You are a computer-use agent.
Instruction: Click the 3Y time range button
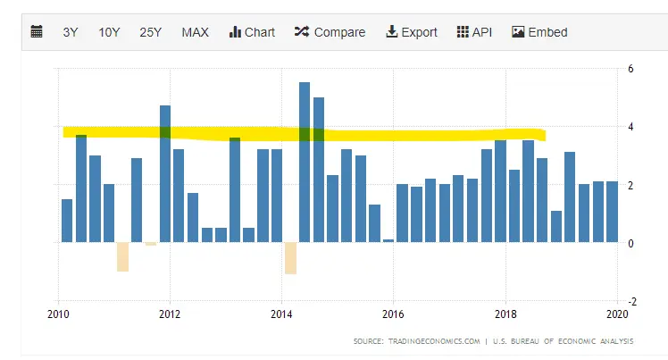click(x=71, y=32)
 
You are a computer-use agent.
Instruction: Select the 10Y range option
click(x=109, y=32)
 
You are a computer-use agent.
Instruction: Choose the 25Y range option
click(x=150, y=32)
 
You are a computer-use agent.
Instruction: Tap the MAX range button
click(x=195, y=32)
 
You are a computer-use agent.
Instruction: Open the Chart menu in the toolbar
click(x=252, y=32)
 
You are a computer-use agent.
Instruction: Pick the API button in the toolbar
click(x=474, y=32)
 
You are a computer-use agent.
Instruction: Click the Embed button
click(x=539, y=32)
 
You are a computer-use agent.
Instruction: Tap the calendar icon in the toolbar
click(x=37, y=32)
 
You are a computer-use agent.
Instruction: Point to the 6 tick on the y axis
click(x=631, y=69)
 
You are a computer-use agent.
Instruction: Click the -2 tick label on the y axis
click(x=630, y=301)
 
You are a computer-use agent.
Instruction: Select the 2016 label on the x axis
click(x=393, y=314)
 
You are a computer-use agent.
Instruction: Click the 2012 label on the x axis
click(x=170, y=314)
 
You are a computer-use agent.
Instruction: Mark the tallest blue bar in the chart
click(x=305, y=161)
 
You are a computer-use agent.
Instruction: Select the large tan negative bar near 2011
click(x=122, y=256)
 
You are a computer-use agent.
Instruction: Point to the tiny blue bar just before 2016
click(x=388, y=240)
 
